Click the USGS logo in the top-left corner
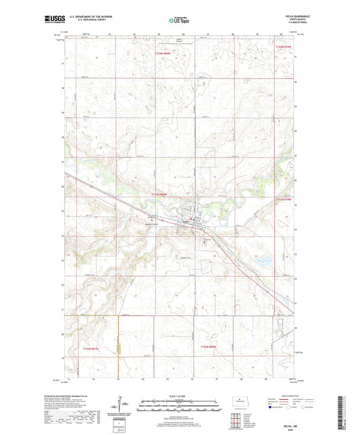pos(51,20)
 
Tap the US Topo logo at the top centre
pos(179,20)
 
